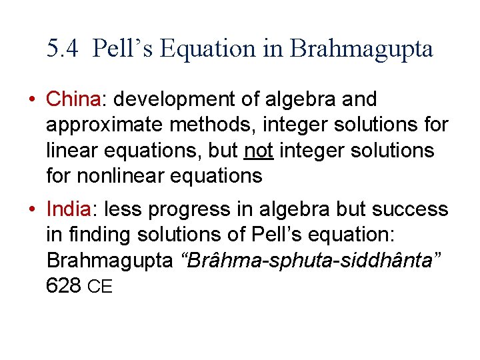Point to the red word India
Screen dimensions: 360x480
(x=69, y=209)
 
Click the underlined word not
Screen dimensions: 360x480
(x=259, y=151)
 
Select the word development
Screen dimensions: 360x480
(x=177, y=99)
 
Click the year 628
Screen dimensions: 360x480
(x=64, y=287)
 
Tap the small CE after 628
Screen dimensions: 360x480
(x=100, y=287)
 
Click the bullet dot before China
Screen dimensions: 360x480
(x=32, y=100)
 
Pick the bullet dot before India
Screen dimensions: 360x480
(x=32, y=210)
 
